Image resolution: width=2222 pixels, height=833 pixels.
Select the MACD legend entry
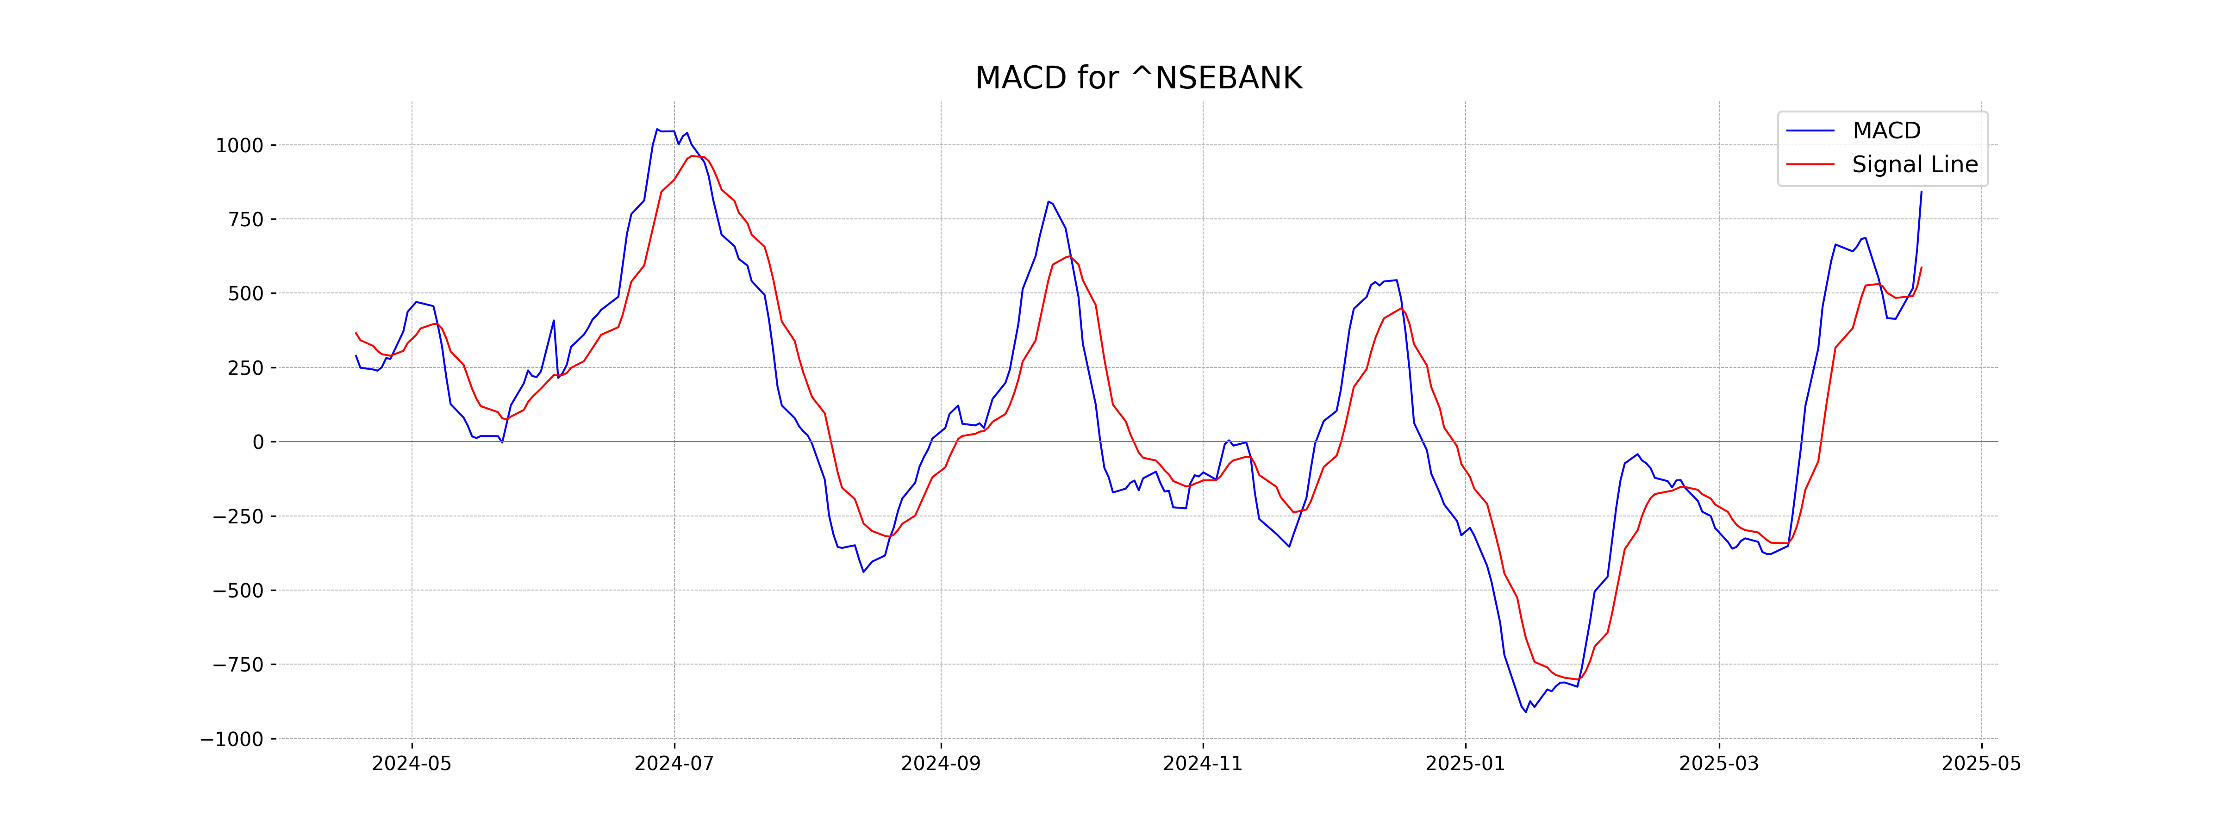pyautogui.click(x=1885, y=131)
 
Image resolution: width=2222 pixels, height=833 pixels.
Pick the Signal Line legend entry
pyautogui.click(x=1914, y=165)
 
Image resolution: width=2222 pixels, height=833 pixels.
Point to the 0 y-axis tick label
pyautogui.click(x=258, y=442)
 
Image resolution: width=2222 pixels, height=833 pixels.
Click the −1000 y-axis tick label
pyautogui.click(x=232, y=739)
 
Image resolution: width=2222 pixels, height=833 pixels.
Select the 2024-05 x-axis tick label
pyautogui.click(x=412, y=764)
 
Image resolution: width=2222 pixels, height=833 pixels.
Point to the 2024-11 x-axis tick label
pyautogui.click(x=1203, y=764)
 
